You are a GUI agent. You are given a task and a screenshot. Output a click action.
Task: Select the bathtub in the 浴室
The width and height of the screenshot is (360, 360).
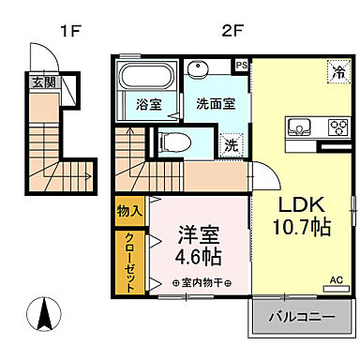pos(146,77)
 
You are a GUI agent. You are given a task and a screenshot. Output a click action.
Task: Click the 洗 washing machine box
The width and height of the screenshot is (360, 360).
pos(231,145)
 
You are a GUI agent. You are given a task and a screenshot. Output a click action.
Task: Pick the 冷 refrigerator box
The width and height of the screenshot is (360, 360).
pos(335,69)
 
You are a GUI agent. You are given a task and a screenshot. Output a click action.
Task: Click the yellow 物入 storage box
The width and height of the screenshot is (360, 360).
pos(128,213)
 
